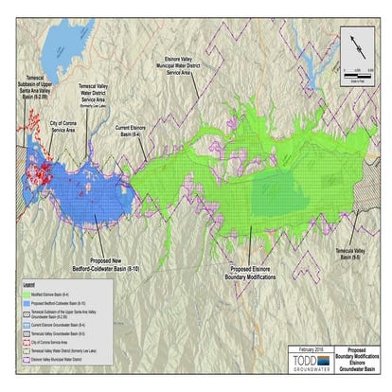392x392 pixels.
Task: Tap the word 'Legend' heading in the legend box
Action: pos(29,284)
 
